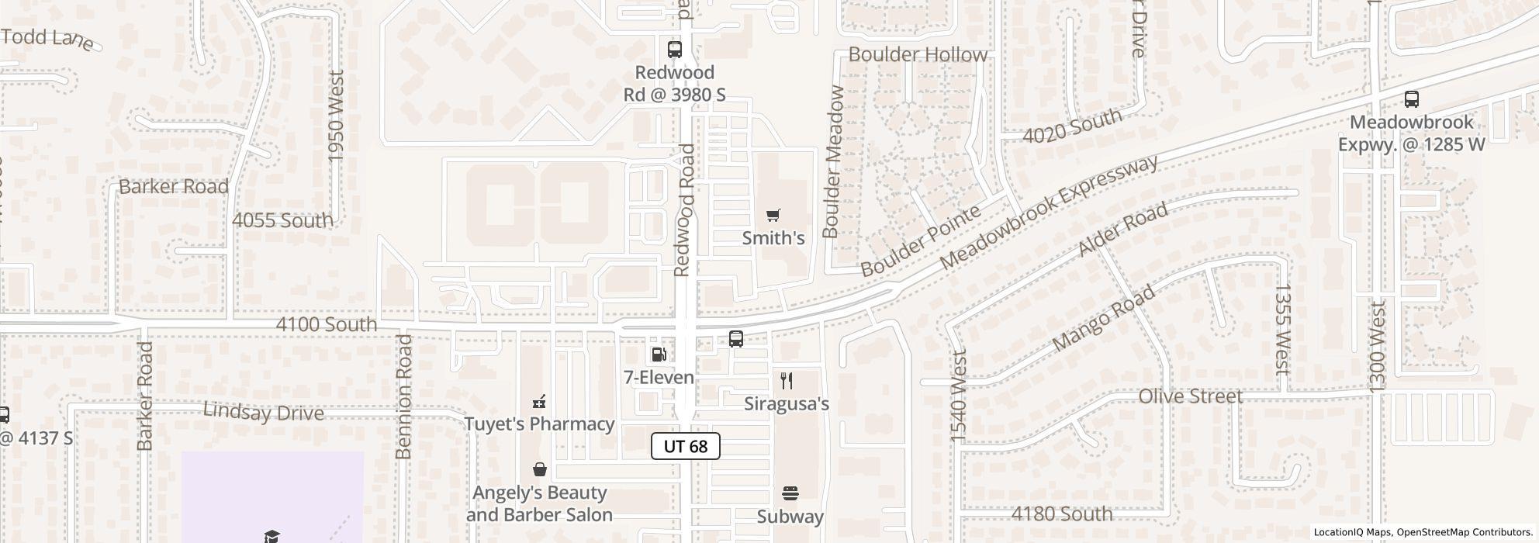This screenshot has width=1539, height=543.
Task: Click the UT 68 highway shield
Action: click(x=686, y=446)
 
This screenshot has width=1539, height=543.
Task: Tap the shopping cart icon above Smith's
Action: click(x=773, y=216)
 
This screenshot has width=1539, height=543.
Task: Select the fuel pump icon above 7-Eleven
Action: click(x=659, y=355)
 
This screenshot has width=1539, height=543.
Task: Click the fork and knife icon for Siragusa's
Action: click(x=787, y=381)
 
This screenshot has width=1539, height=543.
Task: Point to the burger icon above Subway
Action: click(x=790, y=493)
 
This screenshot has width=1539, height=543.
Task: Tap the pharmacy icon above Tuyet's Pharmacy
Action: click(x=539, y=402)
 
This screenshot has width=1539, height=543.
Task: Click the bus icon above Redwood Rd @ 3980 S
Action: click(x=675, y=50)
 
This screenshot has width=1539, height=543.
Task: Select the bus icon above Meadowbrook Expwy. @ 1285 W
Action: click(x=1411, y=99)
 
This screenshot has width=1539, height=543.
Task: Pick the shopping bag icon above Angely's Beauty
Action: click(x=539, y=470)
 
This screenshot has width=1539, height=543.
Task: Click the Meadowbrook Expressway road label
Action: click(x=1049, y=211)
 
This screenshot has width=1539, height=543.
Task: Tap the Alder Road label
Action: click(x=1123, y=230)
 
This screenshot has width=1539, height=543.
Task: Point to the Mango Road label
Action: click(x=1103, y=318)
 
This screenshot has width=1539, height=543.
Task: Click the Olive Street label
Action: click(x=1190, y=396)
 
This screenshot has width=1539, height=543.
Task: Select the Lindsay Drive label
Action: click(x=263, y=412)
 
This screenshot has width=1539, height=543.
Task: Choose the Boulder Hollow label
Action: click(x=918, y=54)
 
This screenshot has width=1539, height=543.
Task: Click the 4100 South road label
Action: click(x=327, y=324)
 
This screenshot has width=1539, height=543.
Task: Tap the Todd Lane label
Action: click(x=47, y=38)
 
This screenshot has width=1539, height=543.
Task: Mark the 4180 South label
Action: click(x=1062, y=514)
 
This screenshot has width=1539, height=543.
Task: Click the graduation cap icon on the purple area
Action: click(x=271, y=536)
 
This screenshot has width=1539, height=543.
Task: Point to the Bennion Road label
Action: click(x=403, y=396)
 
